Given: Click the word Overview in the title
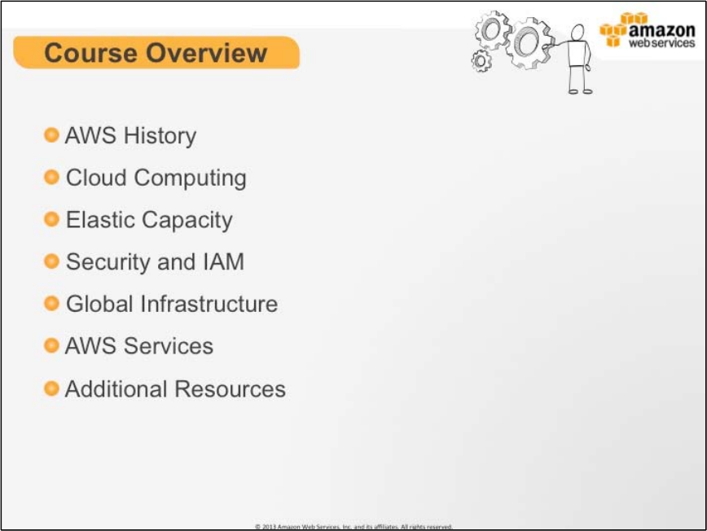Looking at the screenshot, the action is click(207, 53).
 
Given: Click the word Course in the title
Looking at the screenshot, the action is click(90, 53).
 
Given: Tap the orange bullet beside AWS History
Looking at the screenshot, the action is click(51, 134).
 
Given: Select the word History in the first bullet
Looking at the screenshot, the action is click(160, 136).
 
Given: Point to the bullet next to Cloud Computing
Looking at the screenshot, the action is click(51, 177).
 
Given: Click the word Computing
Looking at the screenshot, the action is click(191, 178).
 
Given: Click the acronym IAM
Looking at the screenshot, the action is click(224, 261).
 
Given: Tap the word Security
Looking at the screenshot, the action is click(108, 262).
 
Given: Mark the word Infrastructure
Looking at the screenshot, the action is click(209, 303).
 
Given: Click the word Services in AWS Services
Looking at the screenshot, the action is click(169, 346).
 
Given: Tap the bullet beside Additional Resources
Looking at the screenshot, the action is click(51, 388).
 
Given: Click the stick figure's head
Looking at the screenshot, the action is click(577, 33).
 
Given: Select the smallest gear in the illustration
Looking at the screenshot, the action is click(481, 61).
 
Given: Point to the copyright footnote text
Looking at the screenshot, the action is click(353, 526).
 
